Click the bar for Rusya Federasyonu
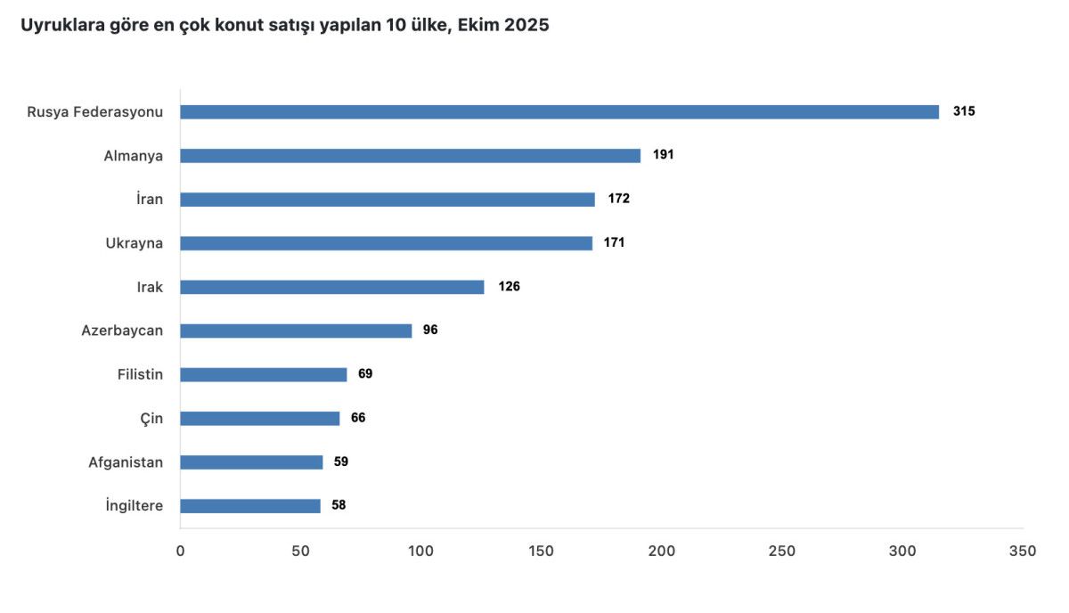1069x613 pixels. tap(559, 112)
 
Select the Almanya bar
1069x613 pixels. tap(410, 156)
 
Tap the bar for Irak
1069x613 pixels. tap(332, 287)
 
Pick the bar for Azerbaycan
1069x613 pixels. tap(296, 331)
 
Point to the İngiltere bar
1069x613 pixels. tap(250, 506)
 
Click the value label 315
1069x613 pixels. tap(964, 112)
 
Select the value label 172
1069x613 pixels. tap(619, 199)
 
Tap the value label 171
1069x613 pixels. tap(614, 242)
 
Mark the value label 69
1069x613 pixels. tap(365, 374)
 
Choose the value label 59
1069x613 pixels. tap(341, 462)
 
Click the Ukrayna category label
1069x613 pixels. tap(135, 243)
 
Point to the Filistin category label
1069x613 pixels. tap(141, 374)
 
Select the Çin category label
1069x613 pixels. tap(151, 418)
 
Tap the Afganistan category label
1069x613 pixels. tap(126, 462)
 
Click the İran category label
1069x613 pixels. tap(150, 200)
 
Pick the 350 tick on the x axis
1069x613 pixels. tap(1023, 552)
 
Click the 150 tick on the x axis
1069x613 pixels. tap(541, 552)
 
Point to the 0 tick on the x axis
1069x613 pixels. tap(181, 552)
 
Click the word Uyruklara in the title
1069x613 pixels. tap(61, 26)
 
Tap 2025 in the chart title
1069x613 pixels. tap(526, 26)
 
